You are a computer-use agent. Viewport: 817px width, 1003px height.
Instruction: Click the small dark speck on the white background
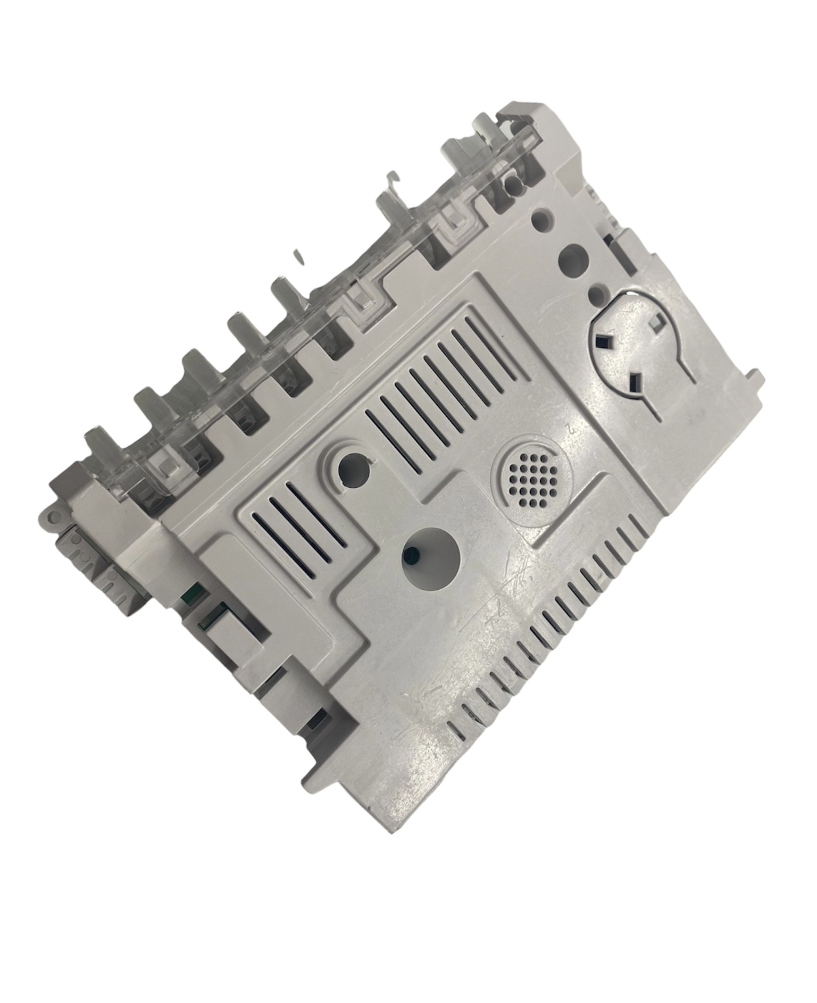pyautogui.click(x=298, y=256)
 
